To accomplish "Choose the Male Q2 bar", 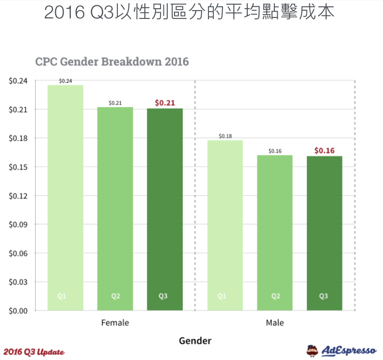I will (x=275, y=233).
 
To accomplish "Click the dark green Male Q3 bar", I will (x=324, y=233).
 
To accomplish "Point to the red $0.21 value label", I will (x=165, y=103).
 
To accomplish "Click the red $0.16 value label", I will (x=324, y=151).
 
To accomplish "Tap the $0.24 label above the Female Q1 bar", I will (x=65, y=81).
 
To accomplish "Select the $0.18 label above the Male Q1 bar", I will (x=225, y=136).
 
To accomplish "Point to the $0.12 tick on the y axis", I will (x=19, y=196).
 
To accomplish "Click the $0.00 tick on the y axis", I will (x=19, y=311).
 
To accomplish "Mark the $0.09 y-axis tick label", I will (x=19, y=224).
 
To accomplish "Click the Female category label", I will (x=115, y=323).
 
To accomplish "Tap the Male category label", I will (x=275, y=323).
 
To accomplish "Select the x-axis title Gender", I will (x=195, y=341).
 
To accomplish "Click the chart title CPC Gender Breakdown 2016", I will (x=112, y=62).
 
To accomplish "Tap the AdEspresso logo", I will (x=341, y=350).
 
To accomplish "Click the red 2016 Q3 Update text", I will (x=34, y=351).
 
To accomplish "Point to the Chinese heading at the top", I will (x=189, y=12).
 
